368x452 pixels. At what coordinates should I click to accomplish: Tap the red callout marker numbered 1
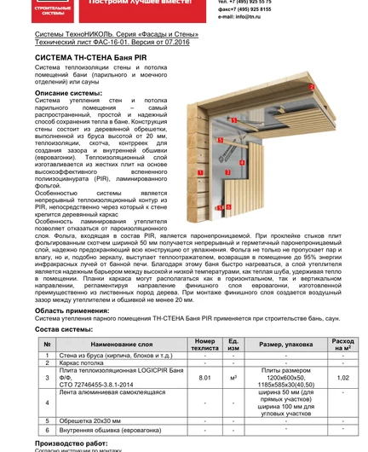pyautogui.click(x=198, y=172)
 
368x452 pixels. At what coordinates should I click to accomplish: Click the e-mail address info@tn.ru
pyautogui.click(x=241, y=16)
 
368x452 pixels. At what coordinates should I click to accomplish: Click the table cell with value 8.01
pyautogui.click(x=204, y=376)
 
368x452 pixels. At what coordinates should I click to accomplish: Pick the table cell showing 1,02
pyautogui.click(x=342, y=376)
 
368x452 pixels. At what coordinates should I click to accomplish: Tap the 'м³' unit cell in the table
pyautogui.click(x=233, y=376)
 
